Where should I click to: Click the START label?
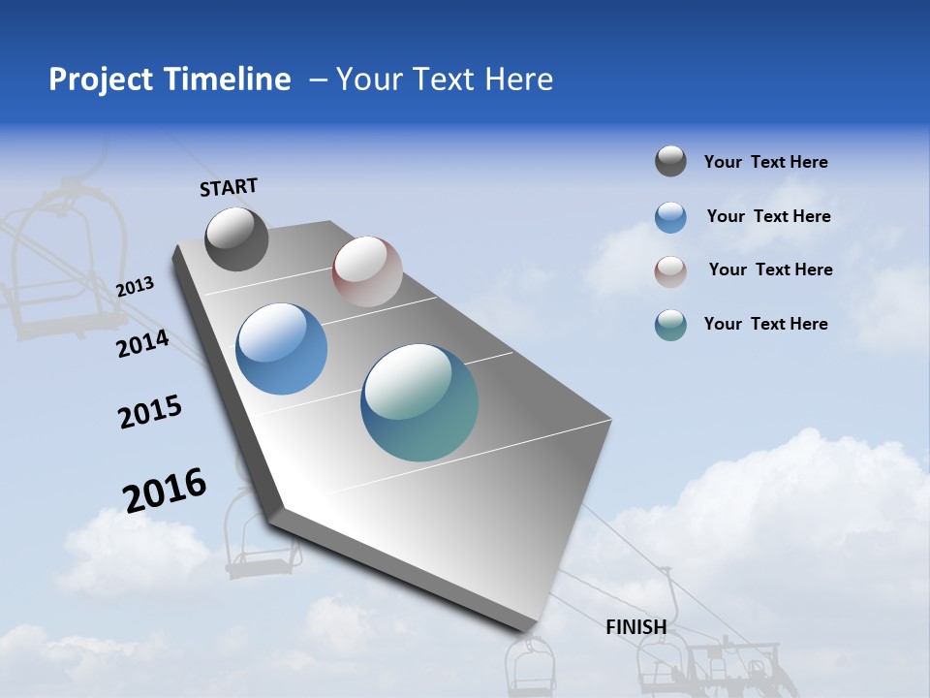[x=229, y=187]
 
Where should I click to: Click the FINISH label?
[x=636, y=627]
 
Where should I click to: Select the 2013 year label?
[x=136, y=287]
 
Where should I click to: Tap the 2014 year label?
[x=143, y=343]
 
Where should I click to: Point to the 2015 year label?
[x=150, y=412]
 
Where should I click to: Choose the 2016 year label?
[x=165, y=490]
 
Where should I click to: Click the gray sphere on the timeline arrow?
[x=236, y=238]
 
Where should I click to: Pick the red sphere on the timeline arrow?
[x=367, y=271]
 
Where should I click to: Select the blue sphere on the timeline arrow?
[x=281, y=349]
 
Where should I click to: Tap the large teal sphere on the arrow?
[x=419, y=402]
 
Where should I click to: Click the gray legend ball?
[x=670, y=162]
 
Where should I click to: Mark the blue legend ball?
[x=670, y=217]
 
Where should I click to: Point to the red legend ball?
[x=670, y=270]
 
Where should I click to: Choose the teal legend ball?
[x=670, y=325]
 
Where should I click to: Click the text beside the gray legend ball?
[x=765, y=163]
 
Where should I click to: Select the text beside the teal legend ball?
[x=765, y=324]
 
